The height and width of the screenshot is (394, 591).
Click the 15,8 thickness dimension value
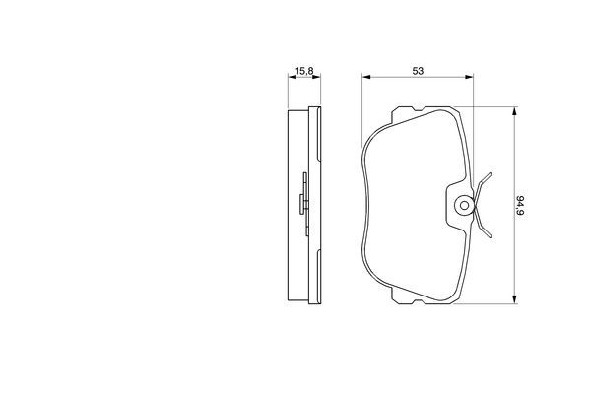click(304, 71)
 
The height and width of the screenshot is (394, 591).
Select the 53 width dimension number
click(418, 71)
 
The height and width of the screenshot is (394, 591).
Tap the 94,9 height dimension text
click(520, 205)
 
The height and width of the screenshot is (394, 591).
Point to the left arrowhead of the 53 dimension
click(366, 77)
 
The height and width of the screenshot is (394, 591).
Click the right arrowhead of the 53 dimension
click(469, 77)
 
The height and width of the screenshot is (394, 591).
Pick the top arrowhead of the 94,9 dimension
click(514, 111)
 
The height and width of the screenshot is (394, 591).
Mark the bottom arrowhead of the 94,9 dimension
click(514, 299)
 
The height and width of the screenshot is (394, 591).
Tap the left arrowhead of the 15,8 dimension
click(293, 77)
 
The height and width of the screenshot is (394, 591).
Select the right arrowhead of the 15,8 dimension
click(316, 77)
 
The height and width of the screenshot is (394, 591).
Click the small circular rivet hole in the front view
click(465, 206)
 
